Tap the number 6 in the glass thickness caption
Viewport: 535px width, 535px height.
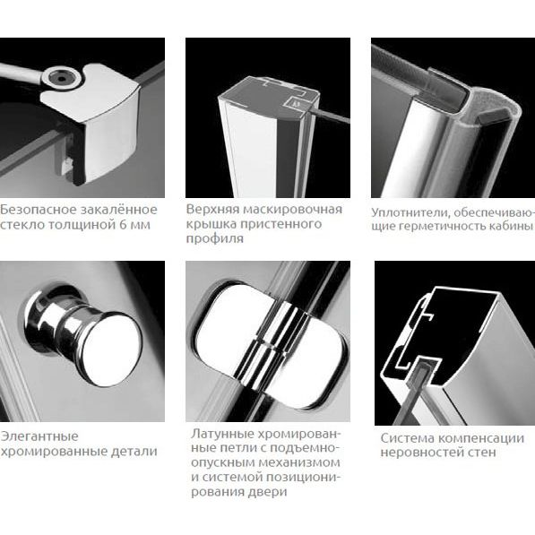(124, 225)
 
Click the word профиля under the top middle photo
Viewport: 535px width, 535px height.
(214, 238)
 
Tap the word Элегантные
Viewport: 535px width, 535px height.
(39, 436)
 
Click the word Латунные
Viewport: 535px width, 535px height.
(221, 434)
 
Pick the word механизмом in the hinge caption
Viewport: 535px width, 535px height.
(299, 463)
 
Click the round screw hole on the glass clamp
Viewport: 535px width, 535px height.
(62, 79)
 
